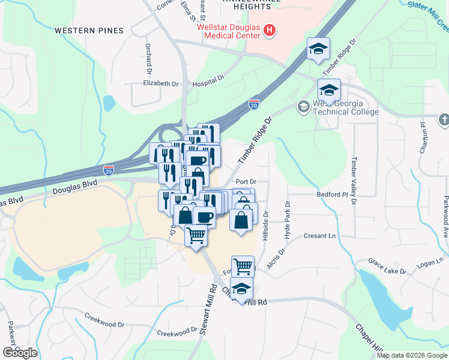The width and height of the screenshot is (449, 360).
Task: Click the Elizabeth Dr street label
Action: (x=161, y=85)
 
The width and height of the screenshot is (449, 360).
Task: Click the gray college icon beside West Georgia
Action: (x=303, y=106)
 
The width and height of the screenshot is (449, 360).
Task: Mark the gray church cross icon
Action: (x=443, y=120)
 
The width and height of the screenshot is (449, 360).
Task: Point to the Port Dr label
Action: (x=246, y=181)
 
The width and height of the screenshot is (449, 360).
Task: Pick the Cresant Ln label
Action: (x=319, y=236)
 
